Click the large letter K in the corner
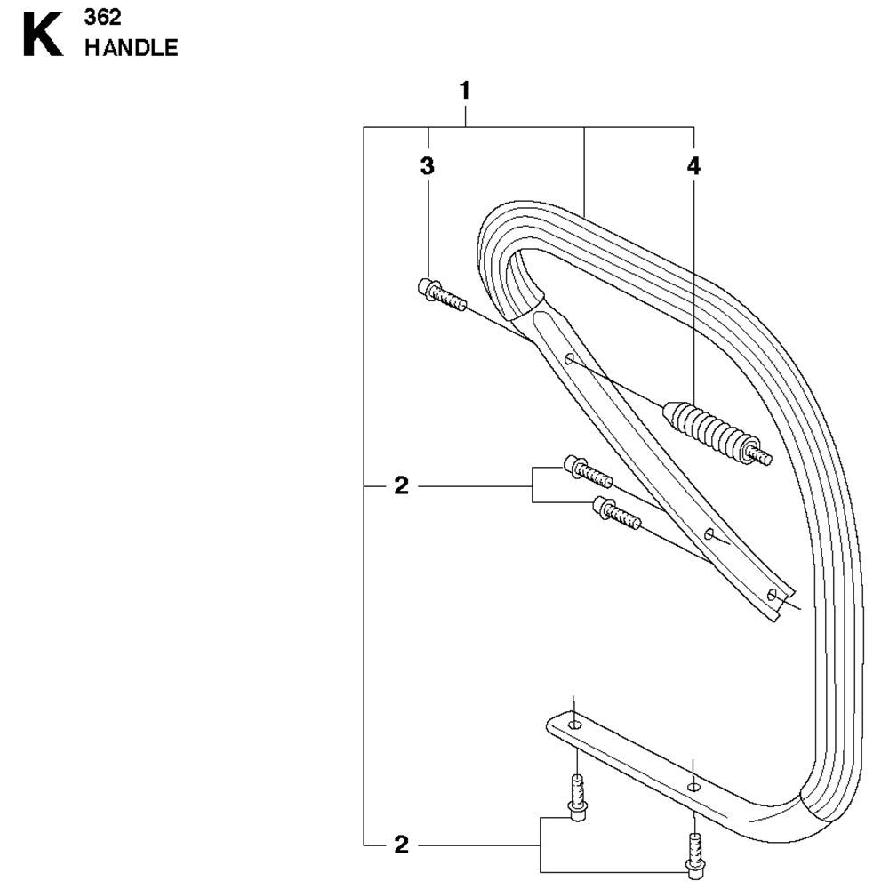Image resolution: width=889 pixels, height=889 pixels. tap(43, 36)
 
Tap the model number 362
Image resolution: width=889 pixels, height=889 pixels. tap(102, 18)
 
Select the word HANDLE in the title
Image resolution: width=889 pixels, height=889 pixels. tap(132, 48)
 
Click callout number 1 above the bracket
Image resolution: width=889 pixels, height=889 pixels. tap(465, 91)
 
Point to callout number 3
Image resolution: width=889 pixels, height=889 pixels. tap(428, 166)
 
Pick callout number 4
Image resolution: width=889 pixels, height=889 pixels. tap(693, 166)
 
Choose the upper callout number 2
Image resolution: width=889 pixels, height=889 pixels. tap(402, 486)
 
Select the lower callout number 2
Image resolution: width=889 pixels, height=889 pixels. tap(402, 845)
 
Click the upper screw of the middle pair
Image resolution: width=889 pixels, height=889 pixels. tap(588, 471)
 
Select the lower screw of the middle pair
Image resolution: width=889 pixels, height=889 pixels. tap(617, 513)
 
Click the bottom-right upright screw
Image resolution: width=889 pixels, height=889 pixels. tap(695, 856)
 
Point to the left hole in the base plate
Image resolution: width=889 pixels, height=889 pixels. tap(575, 725)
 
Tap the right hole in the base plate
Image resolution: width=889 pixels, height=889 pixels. tap(693, 787)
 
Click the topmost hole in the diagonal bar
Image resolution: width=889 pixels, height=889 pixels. tap(569, 358)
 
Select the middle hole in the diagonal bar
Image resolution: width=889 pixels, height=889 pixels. tap(709, 533)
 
